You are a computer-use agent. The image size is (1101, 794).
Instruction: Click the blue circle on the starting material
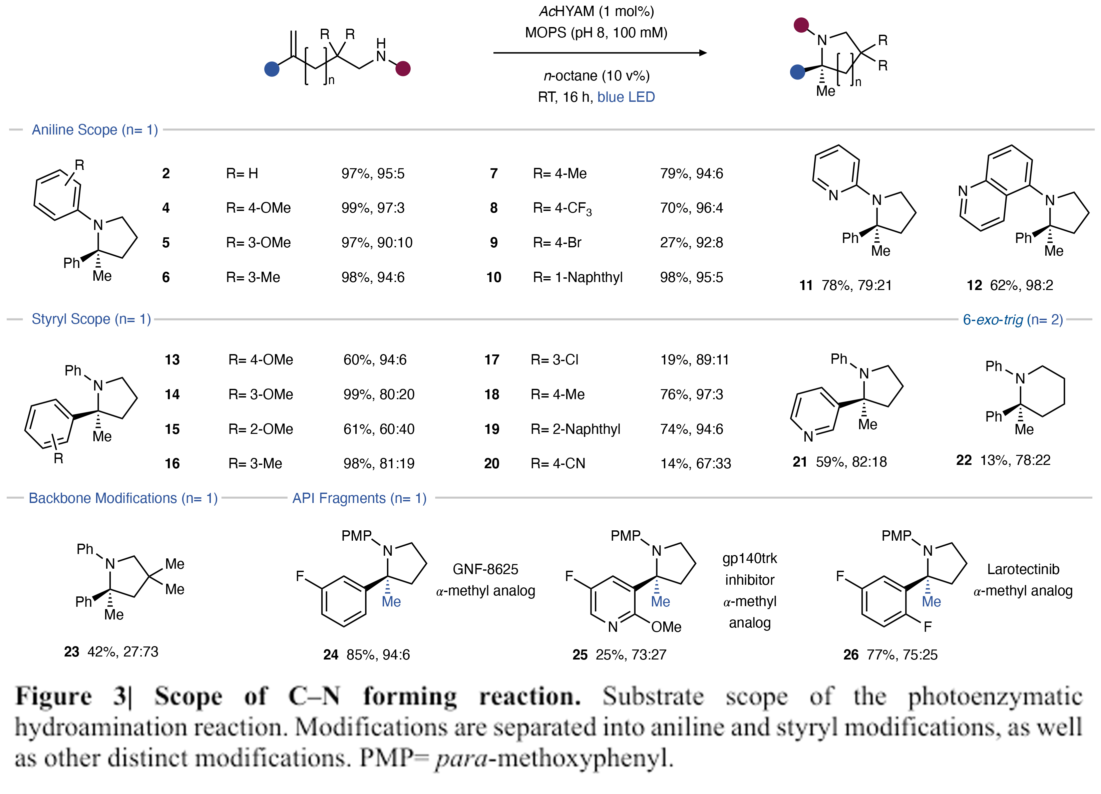tap(272, 69)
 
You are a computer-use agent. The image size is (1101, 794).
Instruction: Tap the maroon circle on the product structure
tap(801, 25)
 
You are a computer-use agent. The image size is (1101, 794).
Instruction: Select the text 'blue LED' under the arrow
tap(626, 97)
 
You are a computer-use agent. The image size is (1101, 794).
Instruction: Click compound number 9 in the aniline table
tap(494, 242)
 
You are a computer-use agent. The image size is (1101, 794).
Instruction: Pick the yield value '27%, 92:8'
tap(691, 242)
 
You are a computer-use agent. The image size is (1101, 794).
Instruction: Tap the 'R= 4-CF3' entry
tap(562, 208)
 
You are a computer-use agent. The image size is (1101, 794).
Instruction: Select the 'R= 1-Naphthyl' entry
tap(578, 277)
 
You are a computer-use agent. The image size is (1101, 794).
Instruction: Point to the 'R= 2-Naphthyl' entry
tap(575, 429)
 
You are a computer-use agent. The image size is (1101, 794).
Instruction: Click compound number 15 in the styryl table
tap(172, 429)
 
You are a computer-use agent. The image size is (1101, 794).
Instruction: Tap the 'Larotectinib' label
tap(1023, 569)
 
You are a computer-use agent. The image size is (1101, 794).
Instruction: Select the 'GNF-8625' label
tap(485, 569)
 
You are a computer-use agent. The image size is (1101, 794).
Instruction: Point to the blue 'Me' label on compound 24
tap(391, 602)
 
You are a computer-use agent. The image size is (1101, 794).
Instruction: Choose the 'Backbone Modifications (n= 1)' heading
tap(123, 498)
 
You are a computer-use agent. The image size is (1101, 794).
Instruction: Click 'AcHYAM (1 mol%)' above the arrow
tap(597, 11)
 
